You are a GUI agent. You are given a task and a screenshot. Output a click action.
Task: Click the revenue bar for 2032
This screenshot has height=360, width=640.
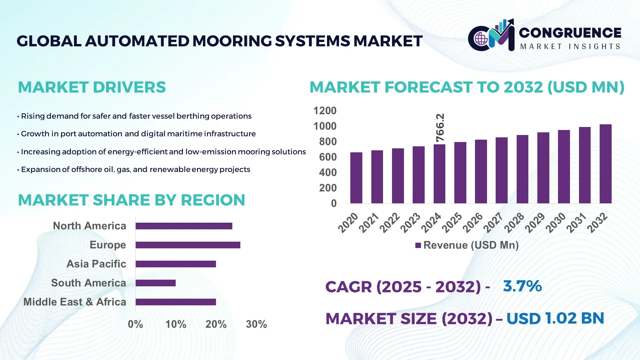605,164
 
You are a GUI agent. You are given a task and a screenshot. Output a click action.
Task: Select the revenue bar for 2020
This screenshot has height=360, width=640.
356,178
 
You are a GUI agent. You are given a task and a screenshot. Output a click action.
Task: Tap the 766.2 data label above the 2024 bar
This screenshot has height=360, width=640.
440,128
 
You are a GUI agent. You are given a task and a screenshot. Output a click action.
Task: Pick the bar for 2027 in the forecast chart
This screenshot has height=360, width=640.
501,170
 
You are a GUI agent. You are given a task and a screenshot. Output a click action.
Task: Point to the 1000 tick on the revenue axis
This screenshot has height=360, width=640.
325,126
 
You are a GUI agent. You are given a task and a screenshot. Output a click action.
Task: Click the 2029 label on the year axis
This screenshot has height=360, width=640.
534,223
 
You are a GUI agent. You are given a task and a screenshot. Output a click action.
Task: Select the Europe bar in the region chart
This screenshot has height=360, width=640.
188,245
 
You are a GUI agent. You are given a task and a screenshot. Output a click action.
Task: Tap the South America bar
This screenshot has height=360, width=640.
155,283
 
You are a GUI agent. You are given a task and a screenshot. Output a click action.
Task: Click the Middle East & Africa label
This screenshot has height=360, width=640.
75,302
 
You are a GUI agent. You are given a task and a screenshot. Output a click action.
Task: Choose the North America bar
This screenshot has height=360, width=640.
184,226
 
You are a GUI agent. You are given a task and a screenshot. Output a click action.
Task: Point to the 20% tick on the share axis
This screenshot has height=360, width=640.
216,324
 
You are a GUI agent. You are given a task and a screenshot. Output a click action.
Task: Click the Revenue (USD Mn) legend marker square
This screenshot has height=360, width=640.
418,246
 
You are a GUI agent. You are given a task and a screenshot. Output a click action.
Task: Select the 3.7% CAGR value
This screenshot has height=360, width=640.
522,286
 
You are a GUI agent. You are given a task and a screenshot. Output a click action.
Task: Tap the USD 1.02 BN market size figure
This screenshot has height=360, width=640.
555,318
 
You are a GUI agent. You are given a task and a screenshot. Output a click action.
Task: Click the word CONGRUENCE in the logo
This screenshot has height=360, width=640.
570,33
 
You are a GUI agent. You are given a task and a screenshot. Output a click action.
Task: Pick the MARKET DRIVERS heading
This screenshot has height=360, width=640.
92,87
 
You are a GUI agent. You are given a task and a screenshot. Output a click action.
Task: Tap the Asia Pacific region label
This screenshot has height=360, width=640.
96,264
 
